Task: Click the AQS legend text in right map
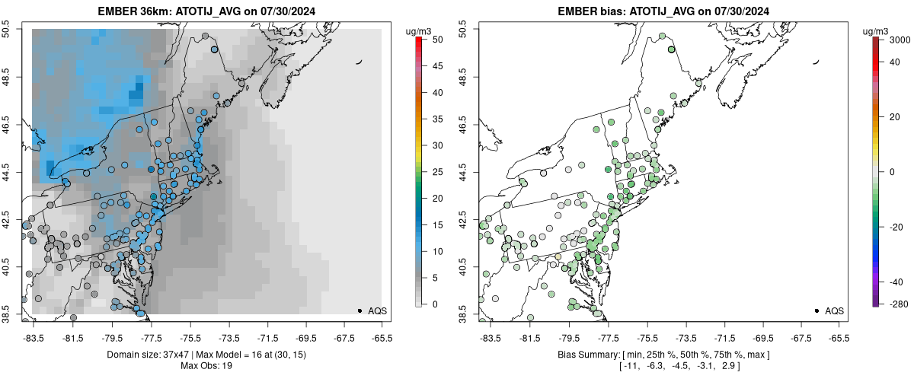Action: pos(834,310)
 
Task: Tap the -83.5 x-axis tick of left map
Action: pos(33,338)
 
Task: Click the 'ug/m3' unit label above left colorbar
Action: pos(420,31)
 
